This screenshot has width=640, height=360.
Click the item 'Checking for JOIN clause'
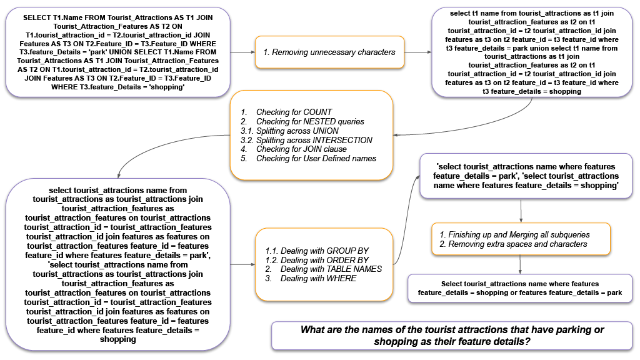pos(301,149)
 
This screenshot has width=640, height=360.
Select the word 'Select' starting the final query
pos(452,284)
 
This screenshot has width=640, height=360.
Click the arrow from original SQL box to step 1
pos(242,52)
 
